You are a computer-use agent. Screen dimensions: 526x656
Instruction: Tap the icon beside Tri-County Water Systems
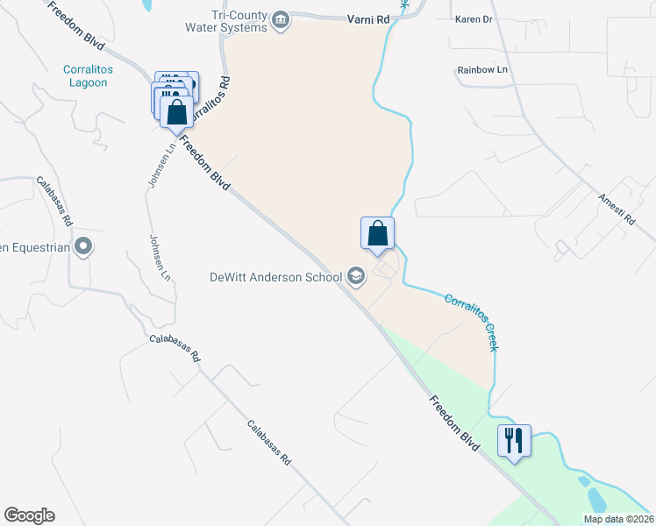(281, 20)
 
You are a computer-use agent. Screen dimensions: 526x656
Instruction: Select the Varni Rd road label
(365, 18)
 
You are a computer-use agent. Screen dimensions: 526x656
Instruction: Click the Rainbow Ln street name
(482, 69)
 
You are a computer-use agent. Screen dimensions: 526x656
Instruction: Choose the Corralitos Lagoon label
(85, 76)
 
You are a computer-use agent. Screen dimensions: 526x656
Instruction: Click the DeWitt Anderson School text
(275, 278)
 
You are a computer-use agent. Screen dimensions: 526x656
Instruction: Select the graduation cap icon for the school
(355, 277)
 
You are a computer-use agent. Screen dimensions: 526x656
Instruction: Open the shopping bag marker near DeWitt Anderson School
(377, 233)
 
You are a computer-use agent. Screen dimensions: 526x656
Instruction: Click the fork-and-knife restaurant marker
(514, 437)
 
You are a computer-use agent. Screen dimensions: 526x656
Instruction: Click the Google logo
(29, 515)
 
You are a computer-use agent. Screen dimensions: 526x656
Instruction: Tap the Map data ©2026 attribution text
(618, 519)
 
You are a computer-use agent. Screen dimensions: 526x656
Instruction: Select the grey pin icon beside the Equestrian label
(83, 246)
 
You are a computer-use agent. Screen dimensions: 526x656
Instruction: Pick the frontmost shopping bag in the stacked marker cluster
(177, 112)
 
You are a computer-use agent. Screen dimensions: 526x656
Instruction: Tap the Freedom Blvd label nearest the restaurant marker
(455, 424)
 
